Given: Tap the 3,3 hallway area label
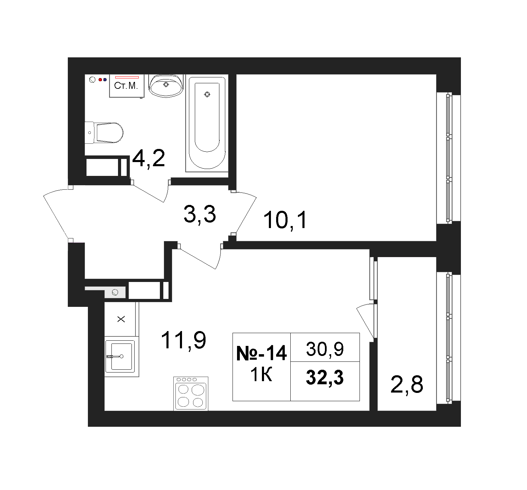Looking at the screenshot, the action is (200, 214).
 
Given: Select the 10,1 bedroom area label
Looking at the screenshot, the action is (285, 220).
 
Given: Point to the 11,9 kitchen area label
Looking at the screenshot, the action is (183, 340).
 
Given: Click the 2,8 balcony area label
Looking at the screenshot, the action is (407, 385).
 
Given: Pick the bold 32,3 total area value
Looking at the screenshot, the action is (325, 377).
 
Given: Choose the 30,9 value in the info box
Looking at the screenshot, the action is (325, 349).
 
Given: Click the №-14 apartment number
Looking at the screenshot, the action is (262, 353).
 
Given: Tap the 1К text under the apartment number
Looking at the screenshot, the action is (261, 375).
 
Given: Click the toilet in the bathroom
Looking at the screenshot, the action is (104, 133).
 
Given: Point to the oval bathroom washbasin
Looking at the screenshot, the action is (166, 85).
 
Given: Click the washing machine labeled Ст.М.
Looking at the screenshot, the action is (127, 86).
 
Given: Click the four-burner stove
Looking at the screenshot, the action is (191, 394).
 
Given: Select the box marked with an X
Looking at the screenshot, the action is (121, 319).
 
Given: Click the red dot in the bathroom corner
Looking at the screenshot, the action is (100, 80).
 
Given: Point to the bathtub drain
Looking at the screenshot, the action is (207, 94).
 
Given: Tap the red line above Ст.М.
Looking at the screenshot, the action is (127, 77).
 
